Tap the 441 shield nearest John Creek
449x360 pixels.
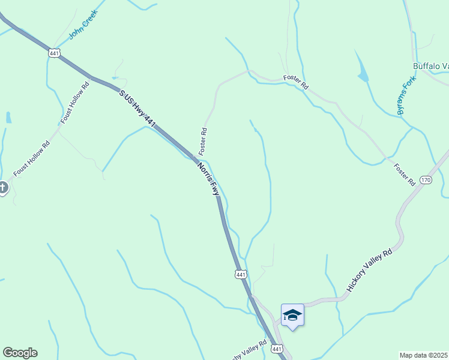(55, 53)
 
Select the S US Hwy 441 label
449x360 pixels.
(137, 109)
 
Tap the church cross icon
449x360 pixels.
(2, 188)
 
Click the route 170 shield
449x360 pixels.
(426, 180)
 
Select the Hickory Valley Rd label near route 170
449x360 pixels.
(369, 271)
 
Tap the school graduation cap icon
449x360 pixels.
(292, 315)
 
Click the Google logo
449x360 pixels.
(20, 353)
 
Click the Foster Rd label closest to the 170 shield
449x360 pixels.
(405, 173)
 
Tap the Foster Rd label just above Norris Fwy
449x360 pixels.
(204, 139)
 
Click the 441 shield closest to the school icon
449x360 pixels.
(276, 349)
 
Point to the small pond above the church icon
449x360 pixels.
(8, 117)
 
